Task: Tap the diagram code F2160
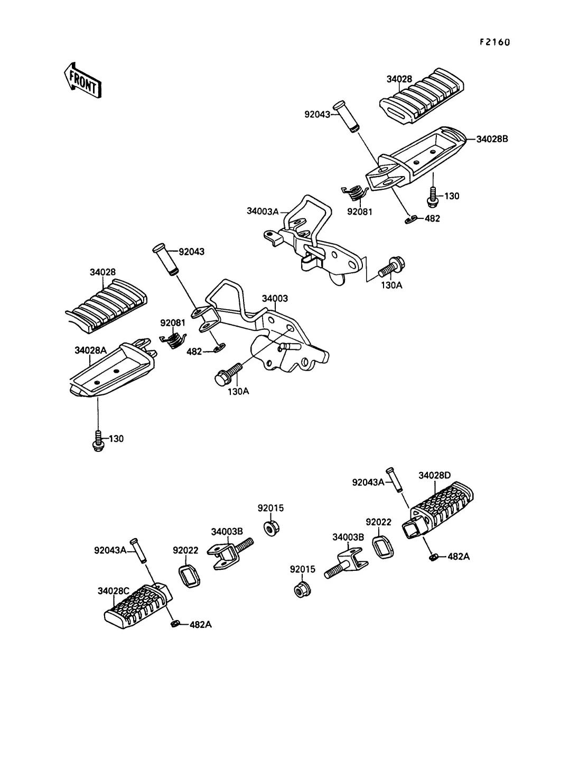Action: [x=494, y=43]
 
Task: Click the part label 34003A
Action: [x=262, y=211]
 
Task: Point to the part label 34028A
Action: [x=90, y=350]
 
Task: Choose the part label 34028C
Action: [x=113, y=590]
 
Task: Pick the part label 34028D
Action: [x=435, y=475]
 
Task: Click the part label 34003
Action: [x=275, y=299]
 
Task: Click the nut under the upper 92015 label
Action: [x=270, y=528]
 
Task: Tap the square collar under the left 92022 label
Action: [x=188, y=575]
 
